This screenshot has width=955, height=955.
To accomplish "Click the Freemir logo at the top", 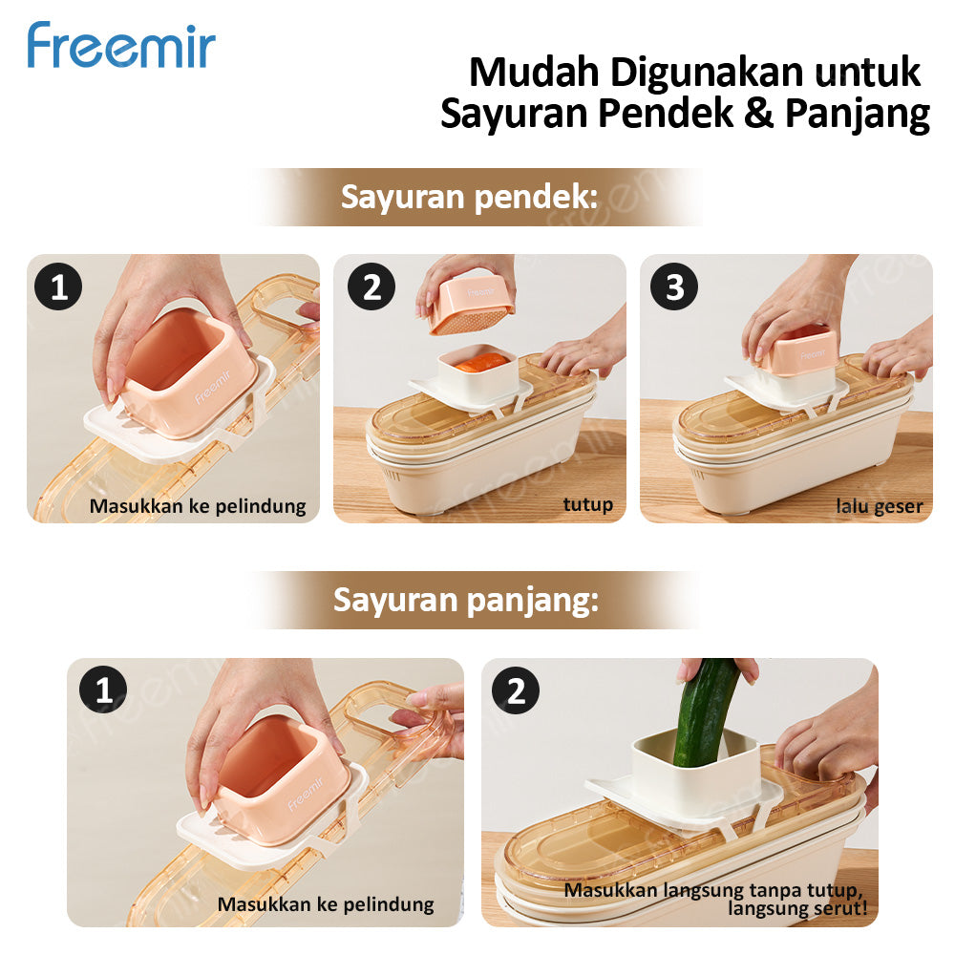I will click(121, 46).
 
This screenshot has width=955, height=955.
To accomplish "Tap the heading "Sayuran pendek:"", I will click(469, 198).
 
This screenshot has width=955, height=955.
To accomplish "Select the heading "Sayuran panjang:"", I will click(465, 601).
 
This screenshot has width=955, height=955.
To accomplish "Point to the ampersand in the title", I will click(758, 114).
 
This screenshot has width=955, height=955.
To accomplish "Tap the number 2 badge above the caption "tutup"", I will click(371, 287).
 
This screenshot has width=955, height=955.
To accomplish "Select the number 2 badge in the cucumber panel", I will click(517, 691).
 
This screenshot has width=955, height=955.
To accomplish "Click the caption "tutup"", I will click(587, 504).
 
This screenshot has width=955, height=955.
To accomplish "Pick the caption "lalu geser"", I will click(879, 506).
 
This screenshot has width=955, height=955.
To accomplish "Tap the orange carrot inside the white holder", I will click(481, 363).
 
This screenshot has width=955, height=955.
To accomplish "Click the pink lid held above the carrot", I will click(470, 304).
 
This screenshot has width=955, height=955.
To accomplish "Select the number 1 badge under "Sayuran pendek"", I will click(59, 287).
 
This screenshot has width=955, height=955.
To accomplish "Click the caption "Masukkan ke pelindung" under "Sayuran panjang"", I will click(326, 903).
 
